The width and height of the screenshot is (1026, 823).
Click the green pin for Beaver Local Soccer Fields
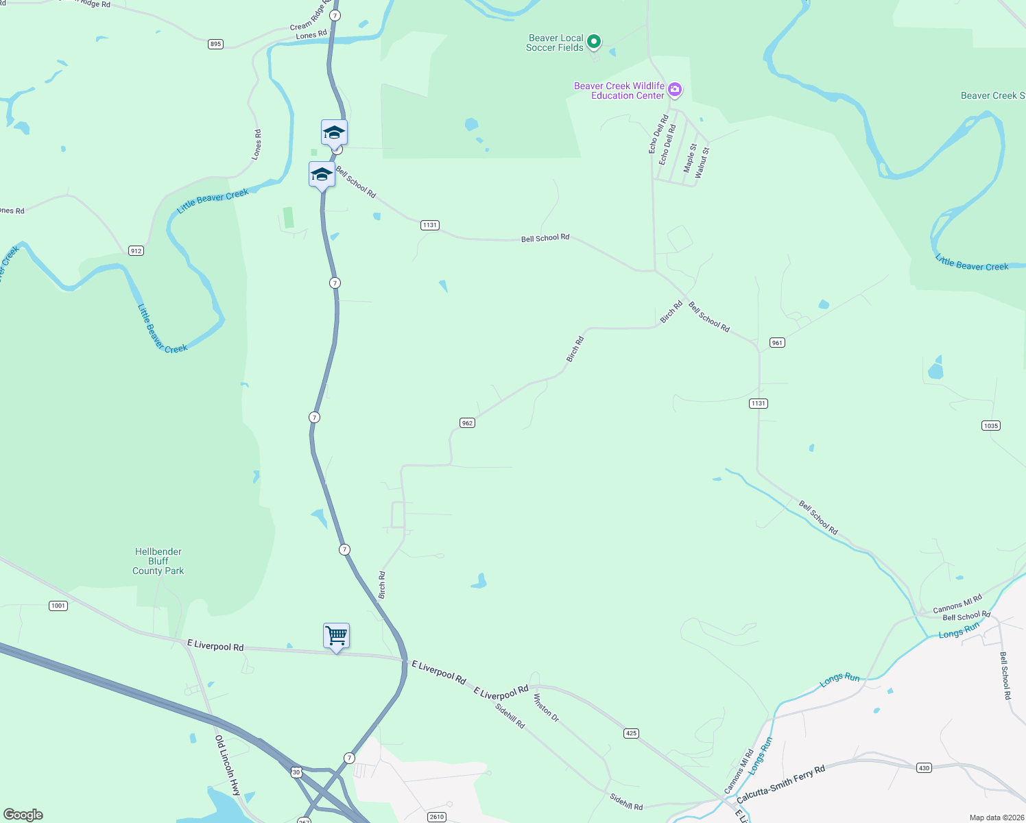point(594,42)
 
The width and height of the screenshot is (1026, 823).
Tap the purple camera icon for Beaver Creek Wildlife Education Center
point(675,89)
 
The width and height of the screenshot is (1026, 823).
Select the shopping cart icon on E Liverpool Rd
point(336,636)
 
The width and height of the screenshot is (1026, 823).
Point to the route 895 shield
point(216,44)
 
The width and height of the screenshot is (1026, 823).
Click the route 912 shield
point(136,251)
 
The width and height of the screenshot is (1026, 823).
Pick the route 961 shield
point(776,343)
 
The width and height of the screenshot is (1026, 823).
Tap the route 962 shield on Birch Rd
point(467,423)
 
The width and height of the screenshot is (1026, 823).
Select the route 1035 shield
point(990,426)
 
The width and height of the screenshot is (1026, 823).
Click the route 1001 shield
point(58,606)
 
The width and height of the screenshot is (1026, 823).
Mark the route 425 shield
point(631,733)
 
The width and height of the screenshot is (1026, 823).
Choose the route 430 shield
point(924,768)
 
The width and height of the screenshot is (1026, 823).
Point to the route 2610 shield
point(437,817)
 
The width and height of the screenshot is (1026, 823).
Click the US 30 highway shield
point(296,772)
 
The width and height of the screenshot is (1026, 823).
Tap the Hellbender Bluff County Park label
point(158,561)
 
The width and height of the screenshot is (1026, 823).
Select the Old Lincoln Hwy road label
point(228,765)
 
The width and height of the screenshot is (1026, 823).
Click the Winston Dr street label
point(547,708)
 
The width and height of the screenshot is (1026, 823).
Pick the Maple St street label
point(690,158)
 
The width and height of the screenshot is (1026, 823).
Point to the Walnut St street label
point(702,163)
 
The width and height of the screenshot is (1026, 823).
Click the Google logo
point(23,815)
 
